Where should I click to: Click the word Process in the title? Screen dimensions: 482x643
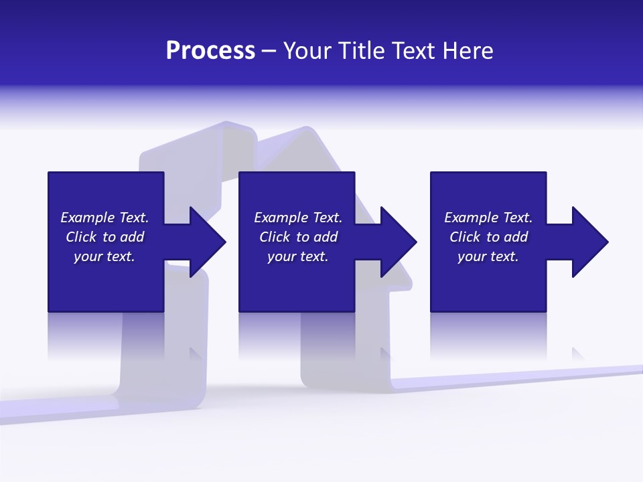click(210, 51)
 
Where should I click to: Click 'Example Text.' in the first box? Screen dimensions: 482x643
click(104, 218)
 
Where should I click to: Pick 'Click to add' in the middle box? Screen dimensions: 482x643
click(298, 237)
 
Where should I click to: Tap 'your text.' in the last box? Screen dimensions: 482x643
click(488, 256)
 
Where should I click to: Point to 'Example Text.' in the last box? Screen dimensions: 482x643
click(488, 218)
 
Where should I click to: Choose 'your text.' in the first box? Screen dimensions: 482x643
click(104, 256)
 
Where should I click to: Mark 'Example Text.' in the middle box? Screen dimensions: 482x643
click(298, 218)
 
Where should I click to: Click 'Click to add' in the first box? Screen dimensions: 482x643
click(104, 237)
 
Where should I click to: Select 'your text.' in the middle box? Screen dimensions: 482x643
click(298, 256)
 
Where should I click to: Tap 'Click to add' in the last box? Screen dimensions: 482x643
click(488, 237)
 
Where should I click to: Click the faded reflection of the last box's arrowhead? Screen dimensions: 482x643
click(578, 353)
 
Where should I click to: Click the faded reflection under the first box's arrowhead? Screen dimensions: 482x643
click(196, 353)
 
